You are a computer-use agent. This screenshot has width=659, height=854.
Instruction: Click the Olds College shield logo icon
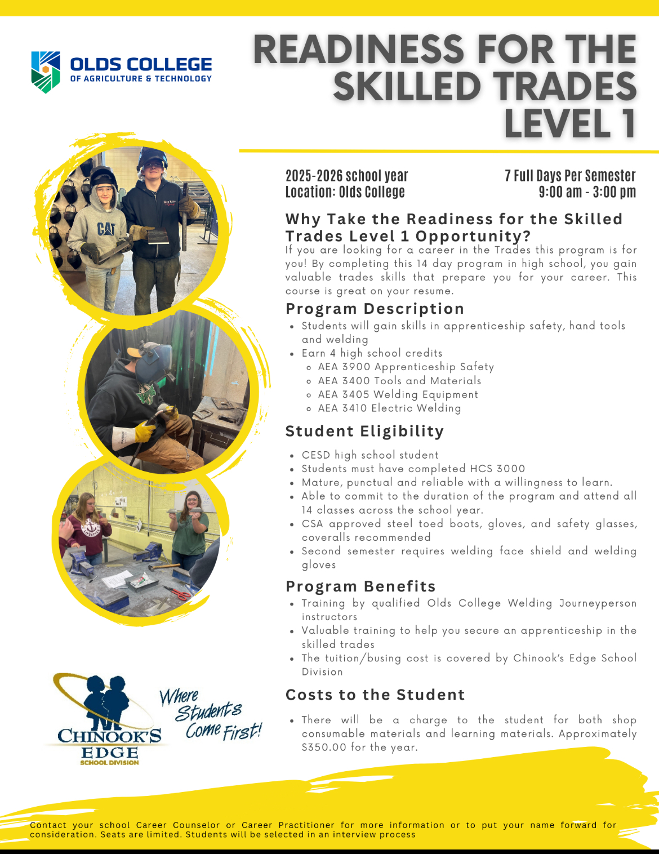pyautogui.click(x=46, y=72)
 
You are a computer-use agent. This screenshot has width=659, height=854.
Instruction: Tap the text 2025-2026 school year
pyautogui.click(x=346, y=176)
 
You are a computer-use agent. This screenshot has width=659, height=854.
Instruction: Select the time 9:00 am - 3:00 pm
pyautogui.click(x=587, y=192)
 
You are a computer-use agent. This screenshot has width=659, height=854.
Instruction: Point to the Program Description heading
pyautogui.click(x=375, y=309)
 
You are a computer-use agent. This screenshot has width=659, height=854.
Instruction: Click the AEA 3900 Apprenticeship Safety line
pyautogui.click(x=406, y=367)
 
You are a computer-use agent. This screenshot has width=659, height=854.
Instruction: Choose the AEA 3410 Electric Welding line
pyautogui.click(x=389, y=408)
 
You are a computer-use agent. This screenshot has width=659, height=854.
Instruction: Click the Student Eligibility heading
pyautogui.click(x=364, y=432)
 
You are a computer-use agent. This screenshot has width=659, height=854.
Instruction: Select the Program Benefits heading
pyautogui.click(x=360, y=586)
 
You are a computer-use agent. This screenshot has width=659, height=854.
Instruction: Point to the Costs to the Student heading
pyautogui.click(x=375, y=695)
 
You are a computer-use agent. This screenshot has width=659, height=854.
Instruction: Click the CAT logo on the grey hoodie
pyautogui.click(x=106, y=229)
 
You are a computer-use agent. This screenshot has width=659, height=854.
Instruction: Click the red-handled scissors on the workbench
pyautogui.click(x=179, y=593)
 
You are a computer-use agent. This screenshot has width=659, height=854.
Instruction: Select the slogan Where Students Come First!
pyautogui.click(x=210, y=714)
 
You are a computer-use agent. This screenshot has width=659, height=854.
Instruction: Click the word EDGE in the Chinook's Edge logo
pyautogui.click(x=109, y=753)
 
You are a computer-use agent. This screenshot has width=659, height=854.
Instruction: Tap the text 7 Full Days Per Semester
pyautogui.click(x=570, y=176)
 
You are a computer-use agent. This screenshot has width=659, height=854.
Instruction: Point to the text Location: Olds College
pyautogui.click(x=345, y=192)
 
